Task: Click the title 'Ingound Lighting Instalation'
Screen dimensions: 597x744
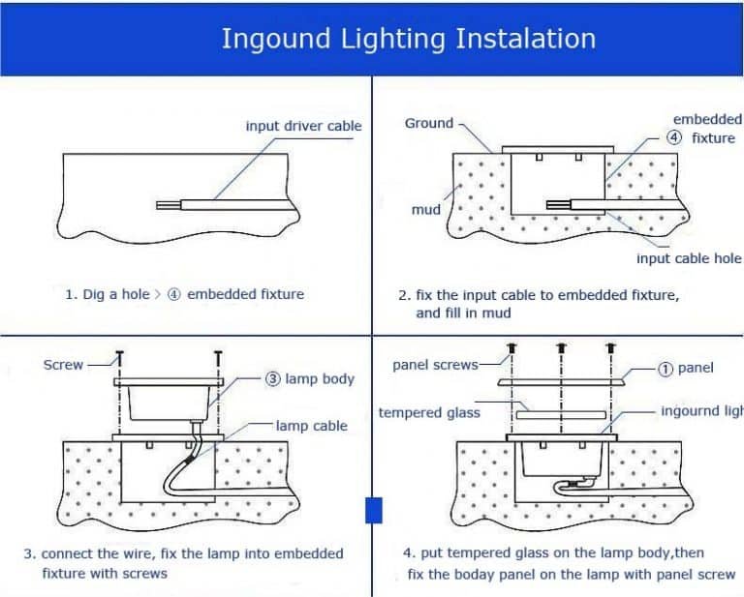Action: click(408, 39)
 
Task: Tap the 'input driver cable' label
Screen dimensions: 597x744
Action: click(303, 126)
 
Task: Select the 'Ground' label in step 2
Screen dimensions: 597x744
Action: click(428, 123)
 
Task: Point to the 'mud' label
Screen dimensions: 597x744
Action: click(425, 209)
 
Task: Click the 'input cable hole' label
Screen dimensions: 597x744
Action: click(688, 258)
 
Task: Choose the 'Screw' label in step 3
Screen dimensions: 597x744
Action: click(64, 365)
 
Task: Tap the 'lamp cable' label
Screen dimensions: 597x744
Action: click(311, 426)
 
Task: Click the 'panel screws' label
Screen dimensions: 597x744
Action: click(435, 365)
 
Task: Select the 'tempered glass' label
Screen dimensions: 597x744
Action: click(429, 413)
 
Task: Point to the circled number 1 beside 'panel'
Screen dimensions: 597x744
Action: click(666, 368)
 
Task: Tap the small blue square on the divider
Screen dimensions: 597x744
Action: click(373, 509)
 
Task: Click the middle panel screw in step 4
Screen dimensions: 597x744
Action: click(560, 347)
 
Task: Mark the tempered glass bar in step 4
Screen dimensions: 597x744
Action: click(559, 413)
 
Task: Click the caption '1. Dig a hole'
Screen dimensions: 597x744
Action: click(108, 294)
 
